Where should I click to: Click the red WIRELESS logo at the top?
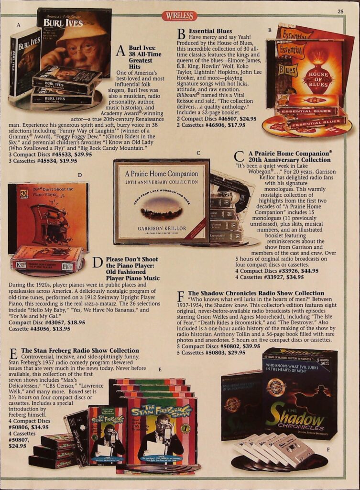point(180,16)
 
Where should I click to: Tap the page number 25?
point(340,11)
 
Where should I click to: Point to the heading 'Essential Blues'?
point(210,31)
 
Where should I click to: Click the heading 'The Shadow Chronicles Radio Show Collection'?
point(256,293)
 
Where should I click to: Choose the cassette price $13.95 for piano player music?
point(61,329)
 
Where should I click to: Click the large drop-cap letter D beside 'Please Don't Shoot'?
point(98,263)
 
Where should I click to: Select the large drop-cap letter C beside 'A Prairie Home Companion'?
point(239,157)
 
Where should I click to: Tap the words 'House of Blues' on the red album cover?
point(318,79)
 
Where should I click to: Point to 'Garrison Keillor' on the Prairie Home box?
point(162,229)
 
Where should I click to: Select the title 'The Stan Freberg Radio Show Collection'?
point(80,351)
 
